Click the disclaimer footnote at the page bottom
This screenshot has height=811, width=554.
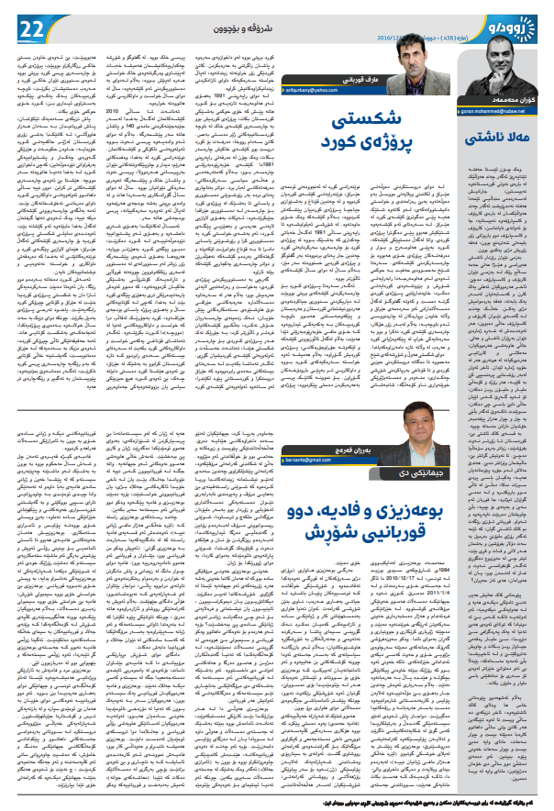tap(277, 802)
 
